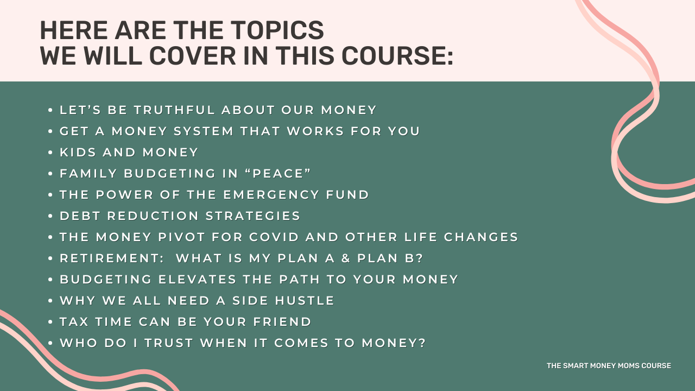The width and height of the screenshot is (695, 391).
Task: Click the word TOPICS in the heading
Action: point(277,30)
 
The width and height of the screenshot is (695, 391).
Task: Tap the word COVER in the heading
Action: point(192,56)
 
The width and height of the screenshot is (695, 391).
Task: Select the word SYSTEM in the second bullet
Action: point(204,131)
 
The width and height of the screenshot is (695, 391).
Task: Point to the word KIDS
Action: point(78,153)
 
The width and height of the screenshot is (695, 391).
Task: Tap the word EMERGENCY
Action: point(271,194)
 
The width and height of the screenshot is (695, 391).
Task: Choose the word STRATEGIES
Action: point(253,216)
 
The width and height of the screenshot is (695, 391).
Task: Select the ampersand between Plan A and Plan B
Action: point(346,258)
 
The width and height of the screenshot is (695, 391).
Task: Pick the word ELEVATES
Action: point(197,279)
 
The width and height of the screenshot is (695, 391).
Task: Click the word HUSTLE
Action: point(305,301)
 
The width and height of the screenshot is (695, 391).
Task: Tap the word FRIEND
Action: point(282,322)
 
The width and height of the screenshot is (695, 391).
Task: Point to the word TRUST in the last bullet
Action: point(169,343)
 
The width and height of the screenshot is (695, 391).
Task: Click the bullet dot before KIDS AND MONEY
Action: point(50,153)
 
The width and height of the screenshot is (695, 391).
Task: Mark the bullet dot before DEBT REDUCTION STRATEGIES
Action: point(50,216)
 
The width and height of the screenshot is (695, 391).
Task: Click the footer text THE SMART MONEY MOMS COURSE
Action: point(609,365)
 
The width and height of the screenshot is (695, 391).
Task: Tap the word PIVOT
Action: point(181,237)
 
